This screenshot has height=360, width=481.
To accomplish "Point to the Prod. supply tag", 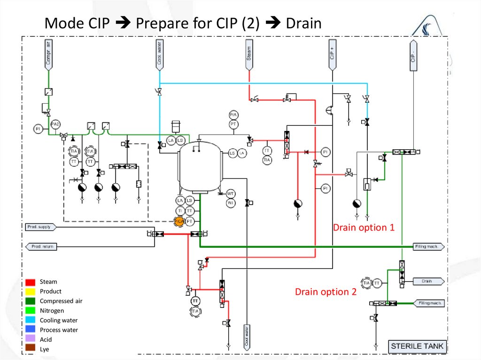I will [41, 227].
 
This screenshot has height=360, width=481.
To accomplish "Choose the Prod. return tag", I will [41, 246].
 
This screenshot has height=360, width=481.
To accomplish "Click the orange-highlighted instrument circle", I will [179, 221].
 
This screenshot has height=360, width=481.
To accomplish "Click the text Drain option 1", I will [364, 228].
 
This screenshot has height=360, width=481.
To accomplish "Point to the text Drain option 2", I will [326, 292].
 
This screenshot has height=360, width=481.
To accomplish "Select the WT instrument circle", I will [231, 194].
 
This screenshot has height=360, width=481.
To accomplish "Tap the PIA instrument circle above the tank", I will [233, 115].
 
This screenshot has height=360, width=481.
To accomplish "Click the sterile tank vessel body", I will [200, 164].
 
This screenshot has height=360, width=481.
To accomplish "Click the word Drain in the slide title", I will [303, 23].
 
